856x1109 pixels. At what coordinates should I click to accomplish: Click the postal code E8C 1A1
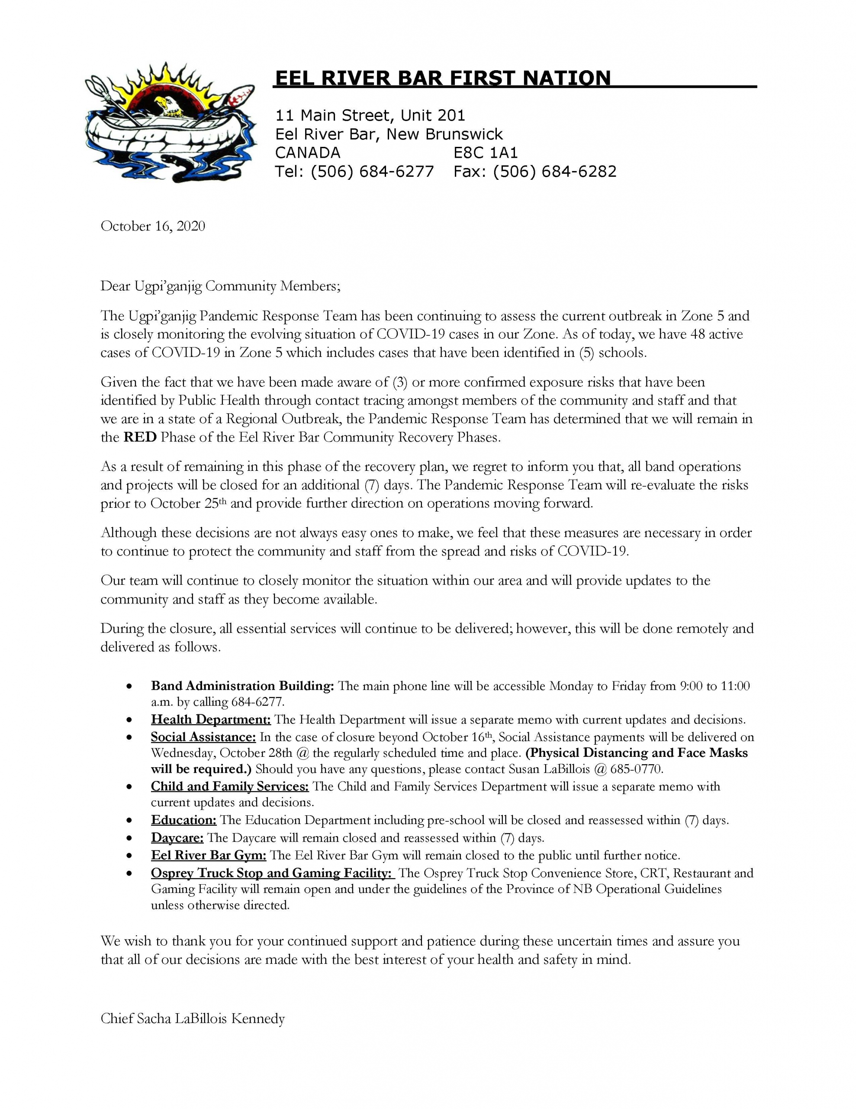point(485,153)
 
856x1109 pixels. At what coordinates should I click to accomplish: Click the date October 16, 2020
point(153,226)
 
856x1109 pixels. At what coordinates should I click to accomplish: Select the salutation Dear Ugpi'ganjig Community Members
point(220,286)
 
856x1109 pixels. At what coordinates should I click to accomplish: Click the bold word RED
point(140,437)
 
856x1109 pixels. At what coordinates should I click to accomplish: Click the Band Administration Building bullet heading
point(242,686)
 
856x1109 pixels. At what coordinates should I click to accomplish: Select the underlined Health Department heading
point(211,720)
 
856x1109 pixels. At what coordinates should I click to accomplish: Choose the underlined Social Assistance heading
point(203,737)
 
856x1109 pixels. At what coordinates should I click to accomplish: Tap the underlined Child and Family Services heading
point(229,787)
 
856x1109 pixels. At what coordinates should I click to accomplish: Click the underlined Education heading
point(183,820)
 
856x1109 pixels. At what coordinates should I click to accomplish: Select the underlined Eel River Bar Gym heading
point(208,855)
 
